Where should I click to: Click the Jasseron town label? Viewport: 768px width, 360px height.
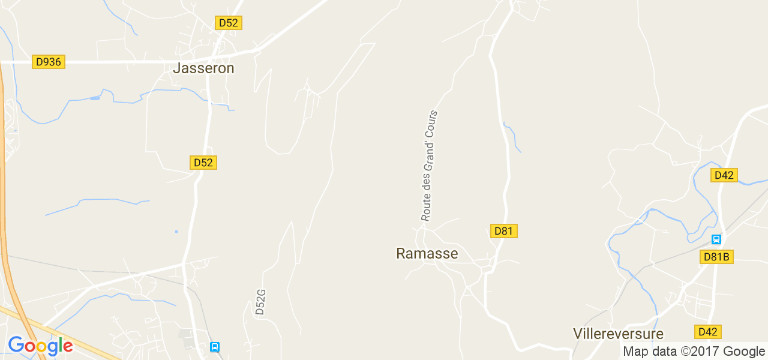pos(203,68)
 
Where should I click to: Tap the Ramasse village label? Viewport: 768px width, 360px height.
pos(427,254)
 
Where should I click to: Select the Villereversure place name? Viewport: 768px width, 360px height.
pos(618,334)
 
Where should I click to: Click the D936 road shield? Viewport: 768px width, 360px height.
pos(49,62)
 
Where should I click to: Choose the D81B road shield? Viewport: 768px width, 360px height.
pos(716,257)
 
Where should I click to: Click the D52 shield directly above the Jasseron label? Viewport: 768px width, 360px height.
pos(229,23)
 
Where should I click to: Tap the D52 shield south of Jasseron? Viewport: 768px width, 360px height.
pos(203,163)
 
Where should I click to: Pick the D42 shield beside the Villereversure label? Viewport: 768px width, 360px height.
pos(708,332)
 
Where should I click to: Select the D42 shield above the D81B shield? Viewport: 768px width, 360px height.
pos(724,175)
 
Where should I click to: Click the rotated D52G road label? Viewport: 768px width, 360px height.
pos(260,302)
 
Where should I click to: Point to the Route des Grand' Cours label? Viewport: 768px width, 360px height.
pos(429,166)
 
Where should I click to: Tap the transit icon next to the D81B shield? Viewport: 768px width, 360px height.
pos(716,239)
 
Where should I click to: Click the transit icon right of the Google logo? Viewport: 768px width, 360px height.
pos(215,347)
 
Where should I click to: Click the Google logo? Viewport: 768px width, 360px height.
pos(40,346)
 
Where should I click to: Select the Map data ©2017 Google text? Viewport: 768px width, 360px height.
pos(694,352)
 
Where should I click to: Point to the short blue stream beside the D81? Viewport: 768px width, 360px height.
pos(512,136)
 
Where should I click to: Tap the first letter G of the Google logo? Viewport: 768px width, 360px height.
pos(16,345)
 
